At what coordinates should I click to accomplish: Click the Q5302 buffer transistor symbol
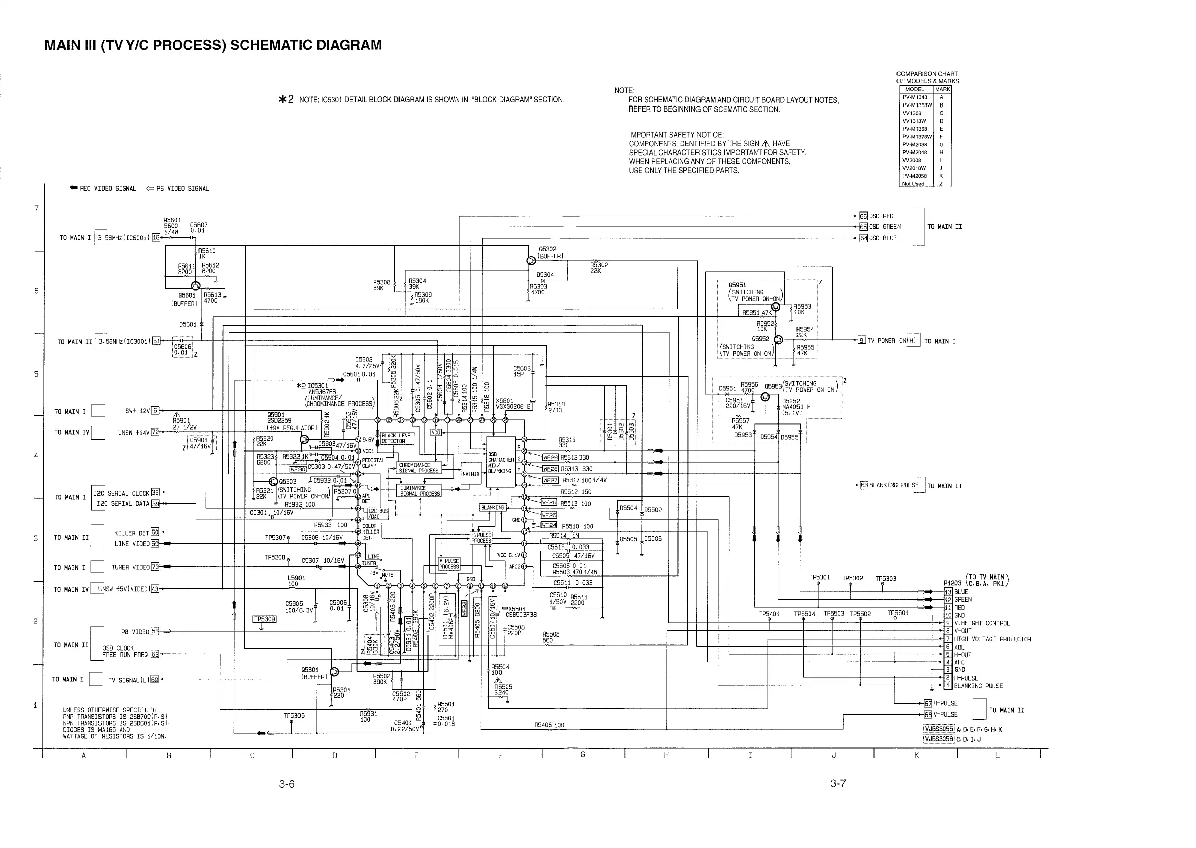click(532, 260)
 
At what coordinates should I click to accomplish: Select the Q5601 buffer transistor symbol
click(196, 286)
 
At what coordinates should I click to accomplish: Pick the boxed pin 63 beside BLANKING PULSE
click(864, 485)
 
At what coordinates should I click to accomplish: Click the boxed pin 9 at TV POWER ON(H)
click(862, 341)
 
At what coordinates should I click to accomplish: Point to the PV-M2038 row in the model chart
click(915, 145)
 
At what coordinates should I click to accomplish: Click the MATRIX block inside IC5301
click(470, 474)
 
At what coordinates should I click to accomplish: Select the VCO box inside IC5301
click(436, 432)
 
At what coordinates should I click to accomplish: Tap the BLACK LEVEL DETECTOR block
click(397, 438)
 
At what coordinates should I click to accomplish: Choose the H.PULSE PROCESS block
click(481, 538)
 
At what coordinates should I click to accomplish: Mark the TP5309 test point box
click(264, 619)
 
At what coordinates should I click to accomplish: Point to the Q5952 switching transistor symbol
click(778, 340)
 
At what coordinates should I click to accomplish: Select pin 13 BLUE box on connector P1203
click(948, 592)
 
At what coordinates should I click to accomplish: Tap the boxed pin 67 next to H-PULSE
click(928, 703)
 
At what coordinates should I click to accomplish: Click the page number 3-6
click(287, 784)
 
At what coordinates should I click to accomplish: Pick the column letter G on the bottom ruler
click(583, 755)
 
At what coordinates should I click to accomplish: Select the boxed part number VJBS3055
click(939, 729)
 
